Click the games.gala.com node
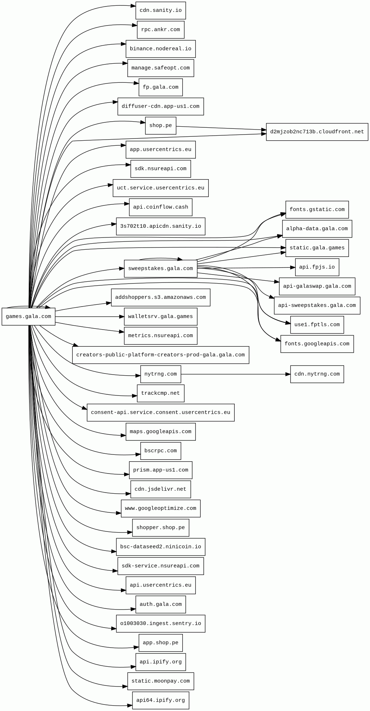click(x=28, y=317)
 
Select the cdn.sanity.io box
click(x=161, y=10)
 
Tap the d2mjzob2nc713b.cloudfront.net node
click(x=317, y=132)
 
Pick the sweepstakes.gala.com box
click(x=161, y=268)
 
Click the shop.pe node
click(x=161, y=126)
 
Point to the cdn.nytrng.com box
click(x=317, y=374)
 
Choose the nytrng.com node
click(x=161, y=374)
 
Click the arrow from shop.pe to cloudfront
click(x=220, y=128)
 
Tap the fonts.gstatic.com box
click(x=317, y=209)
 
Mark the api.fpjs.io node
click(x=317, y=267)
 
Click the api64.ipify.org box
click(x=161, y=700)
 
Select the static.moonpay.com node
click(x=161, y=681)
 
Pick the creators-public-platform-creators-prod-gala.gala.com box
click(x=161, y=355)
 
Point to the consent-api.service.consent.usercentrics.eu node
click(x=161, y=412)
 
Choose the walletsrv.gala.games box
click(x=161, y=317)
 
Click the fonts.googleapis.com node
click(x=317, y=344)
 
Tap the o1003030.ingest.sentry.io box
click(x=161, y=624)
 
